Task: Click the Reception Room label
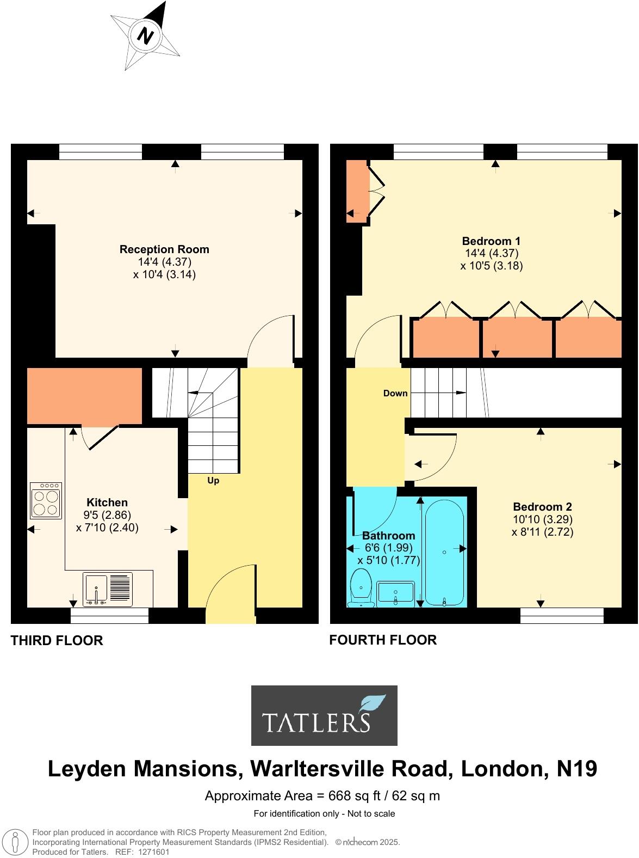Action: (x=164, y=249)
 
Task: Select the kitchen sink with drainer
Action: (x=107, y=589)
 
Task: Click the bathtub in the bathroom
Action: (x=444, y=553)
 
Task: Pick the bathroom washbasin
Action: (x=395, y=592)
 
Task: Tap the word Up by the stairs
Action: (x=213, y=481)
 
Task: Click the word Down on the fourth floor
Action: (x=395, y=393)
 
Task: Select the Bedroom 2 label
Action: (x=542, y=506)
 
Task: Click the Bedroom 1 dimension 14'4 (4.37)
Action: (x=491, y=253)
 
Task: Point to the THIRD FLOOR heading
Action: (x=57, y=641)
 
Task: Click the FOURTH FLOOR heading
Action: (x=383, y=640)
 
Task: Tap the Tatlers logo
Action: (x=324, y=715)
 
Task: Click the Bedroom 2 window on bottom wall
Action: (x=562, y=616)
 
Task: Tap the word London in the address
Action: (x=504, y=769)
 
